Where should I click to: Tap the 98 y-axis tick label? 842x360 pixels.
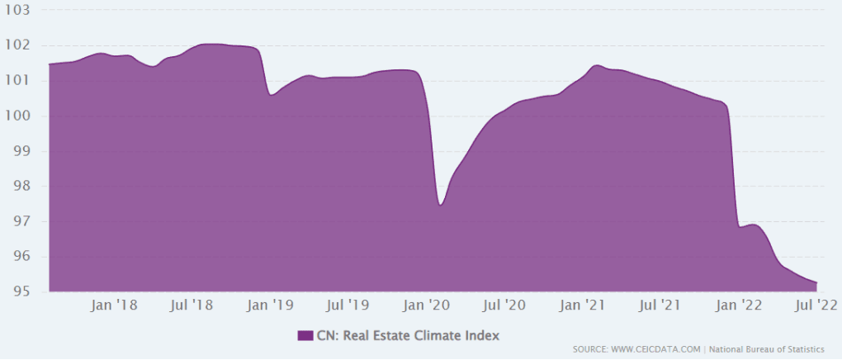[21, 187]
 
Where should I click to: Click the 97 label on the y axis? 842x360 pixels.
[21, 222]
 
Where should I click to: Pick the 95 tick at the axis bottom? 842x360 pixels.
[21, 292]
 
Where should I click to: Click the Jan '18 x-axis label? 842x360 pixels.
[115, 306]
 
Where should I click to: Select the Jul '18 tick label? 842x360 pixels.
[192, 306]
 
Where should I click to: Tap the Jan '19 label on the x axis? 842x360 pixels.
[270, 306]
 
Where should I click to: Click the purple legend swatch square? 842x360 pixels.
[305, 335]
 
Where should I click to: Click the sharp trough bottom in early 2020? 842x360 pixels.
[441, 205]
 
